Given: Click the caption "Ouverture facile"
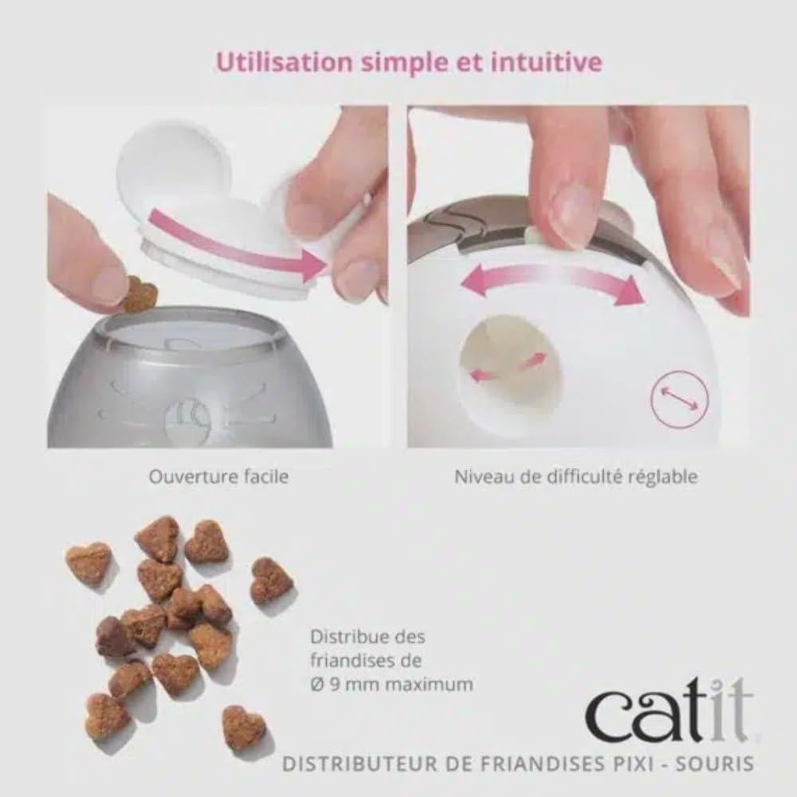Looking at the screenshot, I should pos(218,477).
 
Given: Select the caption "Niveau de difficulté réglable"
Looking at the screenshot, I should pos(576,477).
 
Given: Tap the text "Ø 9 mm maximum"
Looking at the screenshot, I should pos(391,684).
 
